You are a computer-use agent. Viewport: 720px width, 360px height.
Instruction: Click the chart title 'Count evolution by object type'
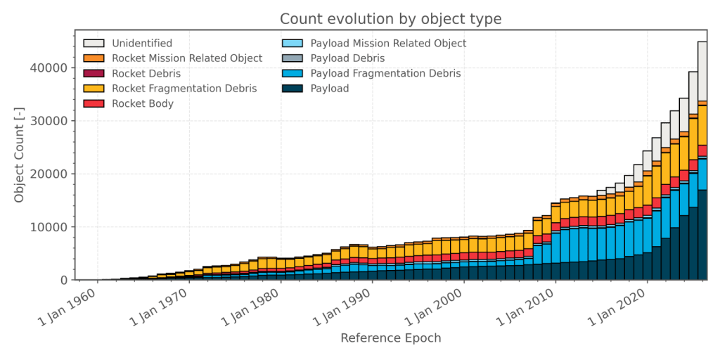(x=391, y=19)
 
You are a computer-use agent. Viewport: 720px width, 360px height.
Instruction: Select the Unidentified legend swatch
(x=94, y=44)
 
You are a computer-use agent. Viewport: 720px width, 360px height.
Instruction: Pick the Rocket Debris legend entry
(x=146, y=73)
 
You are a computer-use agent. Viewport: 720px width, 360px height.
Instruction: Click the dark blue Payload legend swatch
(x=291, y=89)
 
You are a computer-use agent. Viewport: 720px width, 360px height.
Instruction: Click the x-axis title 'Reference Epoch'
(x=391, y=338)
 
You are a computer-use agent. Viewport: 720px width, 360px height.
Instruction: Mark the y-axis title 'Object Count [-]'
(x=20, y=155)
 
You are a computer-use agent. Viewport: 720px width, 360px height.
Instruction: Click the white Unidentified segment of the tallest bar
(x=702, y=70)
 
